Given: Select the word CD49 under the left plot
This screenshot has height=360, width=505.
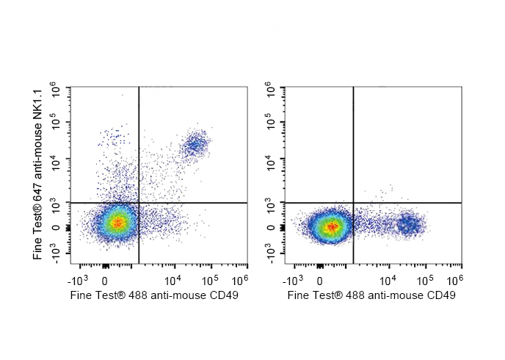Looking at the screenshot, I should coord(223,296).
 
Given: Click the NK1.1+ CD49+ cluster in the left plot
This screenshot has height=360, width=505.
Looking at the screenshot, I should coord(195,145).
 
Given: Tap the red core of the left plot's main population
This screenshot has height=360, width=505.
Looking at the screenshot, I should coord(117,221).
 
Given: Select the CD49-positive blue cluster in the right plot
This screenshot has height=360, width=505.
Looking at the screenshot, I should coord(408,224).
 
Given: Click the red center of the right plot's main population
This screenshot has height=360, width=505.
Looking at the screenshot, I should coord(332,226).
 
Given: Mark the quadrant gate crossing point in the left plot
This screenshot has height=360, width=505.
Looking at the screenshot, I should coord(139,202).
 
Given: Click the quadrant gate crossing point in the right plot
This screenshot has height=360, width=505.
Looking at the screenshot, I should coord(354,202).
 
